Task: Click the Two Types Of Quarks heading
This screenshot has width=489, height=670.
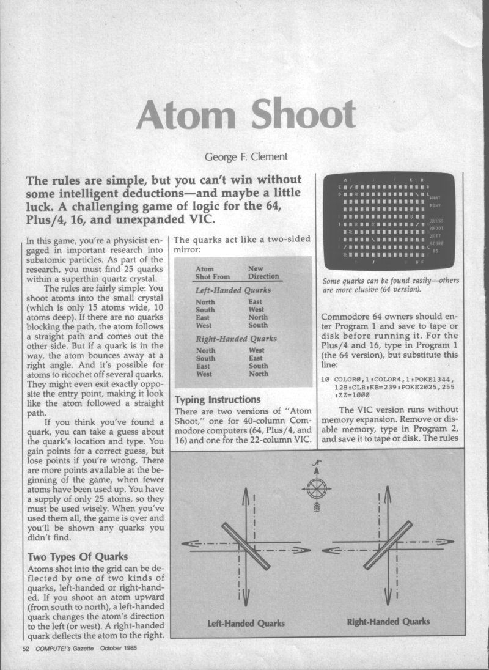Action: (78, 556)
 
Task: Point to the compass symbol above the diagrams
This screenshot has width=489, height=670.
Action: (317, 488)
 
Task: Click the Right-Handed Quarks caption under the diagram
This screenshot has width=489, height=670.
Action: (388, 621)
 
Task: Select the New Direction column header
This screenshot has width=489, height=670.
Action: (263, 273)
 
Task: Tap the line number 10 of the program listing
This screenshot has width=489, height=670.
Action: (325, 379)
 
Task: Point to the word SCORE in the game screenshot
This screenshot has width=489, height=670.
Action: (436, 243)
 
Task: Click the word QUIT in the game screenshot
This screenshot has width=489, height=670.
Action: (435, 235)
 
